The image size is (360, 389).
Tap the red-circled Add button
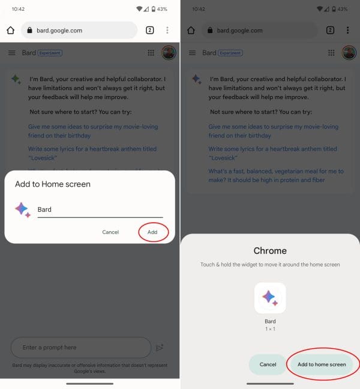point(153,232)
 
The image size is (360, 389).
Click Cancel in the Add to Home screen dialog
point(110,232)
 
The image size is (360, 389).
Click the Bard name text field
point(100,210)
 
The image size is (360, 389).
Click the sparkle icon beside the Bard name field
point(23,210)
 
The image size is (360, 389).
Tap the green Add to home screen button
point(322,364)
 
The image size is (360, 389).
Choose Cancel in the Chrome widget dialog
point(268,364)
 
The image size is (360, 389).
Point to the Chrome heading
point(270,250)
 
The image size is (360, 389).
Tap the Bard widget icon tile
point(270,298)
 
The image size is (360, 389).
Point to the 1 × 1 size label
point(270,330)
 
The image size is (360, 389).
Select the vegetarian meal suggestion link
point(275,175)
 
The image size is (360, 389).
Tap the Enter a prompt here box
point(80,347)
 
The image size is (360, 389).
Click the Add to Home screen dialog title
point(53,184)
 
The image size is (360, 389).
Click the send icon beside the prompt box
point(160,347)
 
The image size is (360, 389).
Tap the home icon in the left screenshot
point(10,30)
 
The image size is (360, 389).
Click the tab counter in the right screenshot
point(330,30)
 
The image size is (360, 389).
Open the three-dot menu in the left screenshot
point(167,30)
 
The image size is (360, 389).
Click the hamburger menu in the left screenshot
point(12,53)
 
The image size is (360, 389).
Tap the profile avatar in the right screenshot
point(349,53)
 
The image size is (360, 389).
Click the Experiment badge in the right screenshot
point(230,53)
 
